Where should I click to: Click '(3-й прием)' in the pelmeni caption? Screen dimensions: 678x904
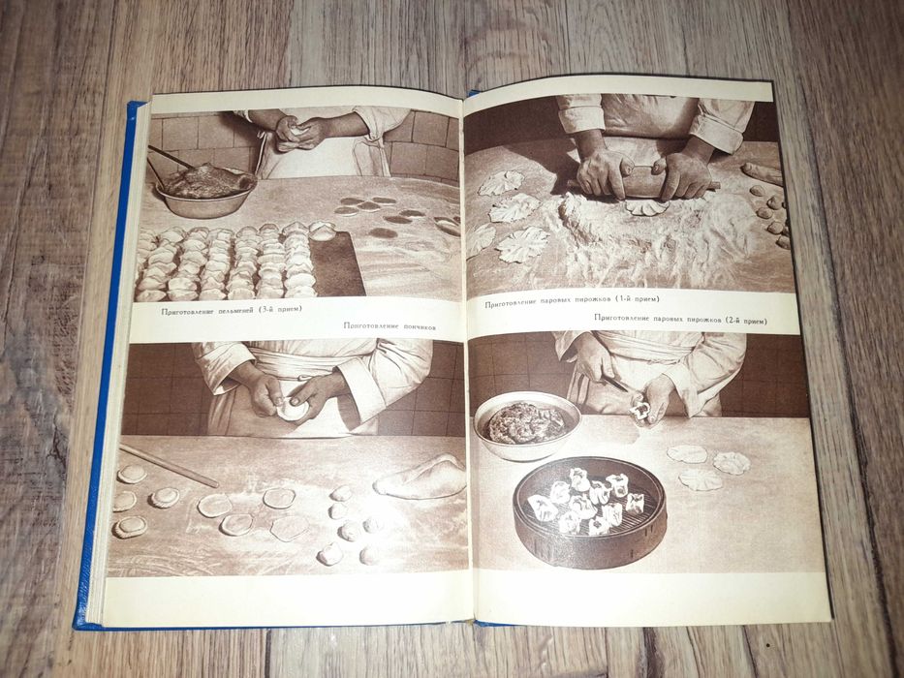pos(276,311)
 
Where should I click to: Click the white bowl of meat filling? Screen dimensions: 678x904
pos(527,425)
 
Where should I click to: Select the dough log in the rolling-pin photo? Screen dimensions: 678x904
pos(762,173)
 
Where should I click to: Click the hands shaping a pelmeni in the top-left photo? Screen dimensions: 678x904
pos(295,133)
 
